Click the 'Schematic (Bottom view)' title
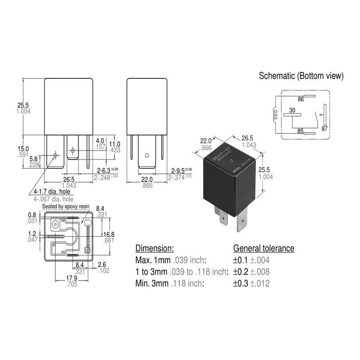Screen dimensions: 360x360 pyautogui.click(x=301, y=76)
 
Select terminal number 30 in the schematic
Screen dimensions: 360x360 pyautogui.click(x=292, y=110)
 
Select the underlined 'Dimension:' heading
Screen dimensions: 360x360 pyautogui.click(x=154, y=248)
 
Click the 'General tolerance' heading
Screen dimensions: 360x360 pyautogui.click(x=263, y=248)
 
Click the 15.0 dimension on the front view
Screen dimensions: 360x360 pyautogui.click(x=23, y=149)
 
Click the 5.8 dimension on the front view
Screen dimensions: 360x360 pyautogui.click(x=34, y=158)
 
